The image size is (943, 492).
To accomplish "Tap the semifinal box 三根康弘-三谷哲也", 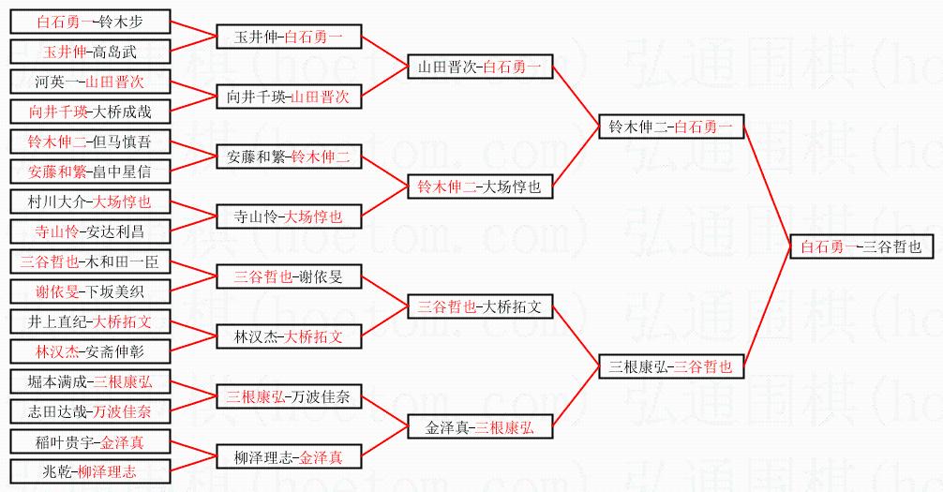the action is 671,366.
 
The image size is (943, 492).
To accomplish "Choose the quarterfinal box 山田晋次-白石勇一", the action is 480,67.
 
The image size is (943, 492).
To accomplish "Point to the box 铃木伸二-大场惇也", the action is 480,186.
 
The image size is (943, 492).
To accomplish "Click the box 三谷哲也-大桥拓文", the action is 480,306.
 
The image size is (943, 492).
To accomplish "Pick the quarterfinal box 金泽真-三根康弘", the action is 480,426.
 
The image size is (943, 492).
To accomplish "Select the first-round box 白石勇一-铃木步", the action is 91,22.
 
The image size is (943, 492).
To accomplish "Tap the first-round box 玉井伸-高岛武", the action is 91,52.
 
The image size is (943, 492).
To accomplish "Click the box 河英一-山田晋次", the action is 91,82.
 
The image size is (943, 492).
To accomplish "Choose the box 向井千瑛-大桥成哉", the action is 91,112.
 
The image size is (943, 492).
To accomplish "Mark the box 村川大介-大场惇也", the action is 91,201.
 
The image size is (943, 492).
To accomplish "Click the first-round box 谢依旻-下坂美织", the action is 91,291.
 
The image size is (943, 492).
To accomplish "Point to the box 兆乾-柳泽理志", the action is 91,471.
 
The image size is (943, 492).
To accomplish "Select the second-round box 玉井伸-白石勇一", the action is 288,37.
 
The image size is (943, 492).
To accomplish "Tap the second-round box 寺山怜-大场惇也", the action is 288,216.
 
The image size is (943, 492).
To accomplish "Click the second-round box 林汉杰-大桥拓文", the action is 288,336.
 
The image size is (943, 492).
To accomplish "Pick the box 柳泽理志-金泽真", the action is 288,456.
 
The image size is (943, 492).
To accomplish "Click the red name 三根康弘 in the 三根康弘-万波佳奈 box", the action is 253,396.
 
